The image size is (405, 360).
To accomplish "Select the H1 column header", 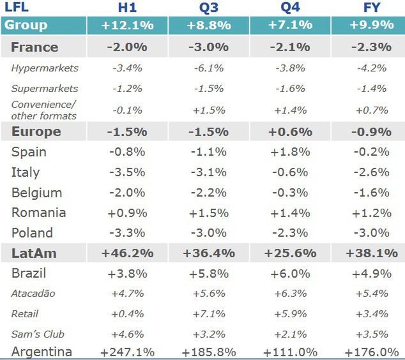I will click(x=128, y=8).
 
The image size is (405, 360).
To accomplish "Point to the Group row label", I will click(x=26, y=26).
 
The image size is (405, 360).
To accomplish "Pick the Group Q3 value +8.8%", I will click(x=209, y=26).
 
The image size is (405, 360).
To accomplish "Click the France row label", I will click(x=34, y=47).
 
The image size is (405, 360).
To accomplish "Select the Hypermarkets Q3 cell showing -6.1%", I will click(x=209, y=68).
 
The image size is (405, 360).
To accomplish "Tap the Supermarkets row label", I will click(x=45, y=89).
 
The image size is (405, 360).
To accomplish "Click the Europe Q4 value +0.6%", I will click(x=291, y=131).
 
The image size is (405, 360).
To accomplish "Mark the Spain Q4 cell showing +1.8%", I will click(x=291, y=152).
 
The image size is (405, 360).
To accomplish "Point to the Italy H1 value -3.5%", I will click(x=128, y=172).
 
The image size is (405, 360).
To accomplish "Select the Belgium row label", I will click(x=36, y=193).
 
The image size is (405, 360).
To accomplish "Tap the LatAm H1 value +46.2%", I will click(x=128, y=253).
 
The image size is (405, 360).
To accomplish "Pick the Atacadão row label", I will click(x=33, y=294).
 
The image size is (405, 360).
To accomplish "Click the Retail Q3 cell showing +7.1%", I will click(x=209, y=313).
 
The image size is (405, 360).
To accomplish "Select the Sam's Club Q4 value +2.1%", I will click(x=291, y=334).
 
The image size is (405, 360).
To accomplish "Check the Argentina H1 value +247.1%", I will click(x=128, y=352).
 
